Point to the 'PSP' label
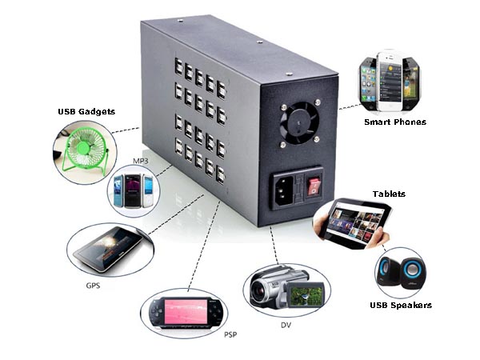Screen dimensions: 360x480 [x=230, y=334]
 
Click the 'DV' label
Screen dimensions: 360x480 [x=286, y=325]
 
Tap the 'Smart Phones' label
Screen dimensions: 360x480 [x=394, y=122]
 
